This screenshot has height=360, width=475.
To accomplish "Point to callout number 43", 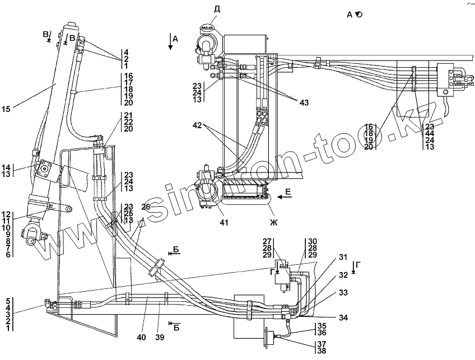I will click(304, 102).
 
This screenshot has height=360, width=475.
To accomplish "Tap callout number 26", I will click(146, 207).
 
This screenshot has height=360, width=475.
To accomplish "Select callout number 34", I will click(343, 318).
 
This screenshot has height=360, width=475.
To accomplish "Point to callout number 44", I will click(429, 134).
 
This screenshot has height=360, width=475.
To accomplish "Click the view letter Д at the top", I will click(217, 8).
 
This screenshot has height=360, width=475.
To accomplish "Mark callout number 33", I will click(343, 292).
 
